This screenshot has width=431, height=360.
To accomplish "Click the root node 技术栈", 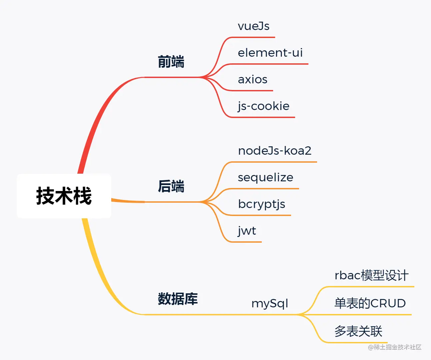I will [x=64, y=196].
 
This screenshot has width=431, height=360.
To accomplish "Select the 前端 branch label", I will [x=171, y=62].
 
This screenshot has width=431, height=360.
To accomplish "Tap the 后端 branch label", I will [x=171, y=186].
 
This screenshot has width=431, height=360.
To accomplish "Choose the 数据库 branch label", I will [x=178, y=299].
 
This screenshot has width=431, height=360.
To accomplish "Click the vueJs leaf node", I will [x=253, y=26].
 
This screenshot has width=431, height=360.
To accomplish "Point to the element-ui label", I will [x=270, y=53].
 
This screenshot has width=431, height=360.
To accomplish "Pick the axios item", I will [x=252, y=79].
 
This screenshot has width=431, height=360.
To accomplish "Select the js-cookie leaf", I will [x=263, y=106].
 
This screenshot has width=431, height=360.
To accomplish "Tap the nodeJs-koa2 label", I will [x=275, y=151].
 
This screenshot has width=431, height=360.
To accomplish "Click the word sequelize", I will [x=265, y=177].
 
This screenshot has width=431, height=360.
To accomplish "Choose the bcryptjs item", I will [x=261, y=204].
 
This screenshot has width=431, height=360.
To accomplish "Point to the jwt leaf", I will [x=247, y=231].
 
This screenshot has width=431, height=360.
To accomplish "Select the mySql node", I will [x=269, y=303].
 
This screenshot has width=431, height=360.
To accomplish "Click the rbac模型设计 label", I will [x=371, y=275].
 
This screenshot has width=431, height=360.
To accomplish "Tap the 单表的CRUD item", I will [x=370, y=303].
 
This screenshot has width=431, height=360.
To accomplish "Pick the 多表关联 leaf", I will [x=358, y=331].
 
